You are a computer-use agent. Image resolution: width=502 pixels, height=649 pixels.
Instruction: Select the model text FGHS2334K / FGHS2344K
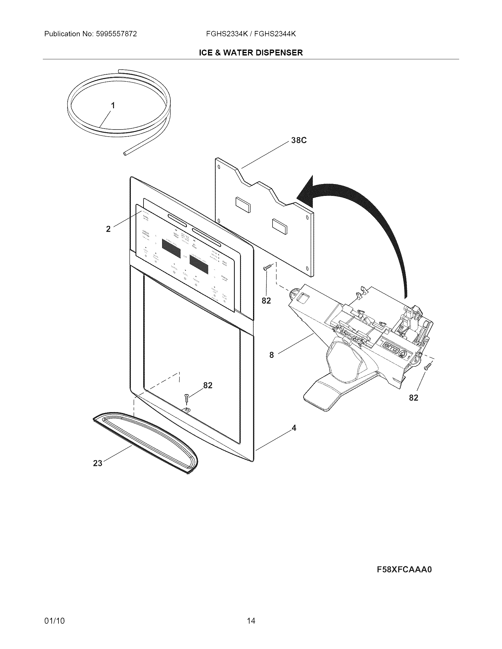tap(251, 34)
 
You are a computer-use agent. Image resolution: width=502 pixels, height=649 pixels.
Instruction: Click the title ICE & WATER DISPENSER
tap(251, 53)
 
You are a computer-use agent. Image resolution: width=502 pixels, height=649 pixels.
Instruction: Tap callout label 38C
tap(299, 140)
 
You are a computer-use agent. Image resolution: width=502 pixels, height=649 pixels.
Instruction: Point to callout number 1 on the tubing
tap(113, 106)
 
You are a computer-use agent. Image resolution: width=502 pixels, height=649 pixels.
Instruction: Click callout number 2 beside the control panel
tap(108, 229)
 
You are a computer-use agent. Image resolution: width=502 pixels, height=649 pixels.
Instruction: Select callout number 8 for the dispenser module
tap(271, 355)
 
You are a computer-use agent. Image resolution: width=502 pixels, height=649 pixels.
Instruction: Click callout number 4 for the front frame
tap(294, 428)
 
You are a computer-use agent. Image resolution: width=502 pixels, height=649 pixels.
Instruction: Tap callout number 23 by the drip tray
tap(97, 463)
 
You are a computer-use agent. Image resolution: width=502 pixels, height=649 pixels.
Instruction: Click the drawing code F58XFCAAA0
tap(404, 569)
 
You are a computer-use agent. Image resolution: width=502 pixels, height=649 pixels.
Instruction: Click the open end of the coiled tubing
tap(125, 154)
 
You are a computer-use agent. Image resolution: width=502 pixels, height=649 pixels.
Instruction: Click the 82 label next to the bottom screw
tap(208, 385)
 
